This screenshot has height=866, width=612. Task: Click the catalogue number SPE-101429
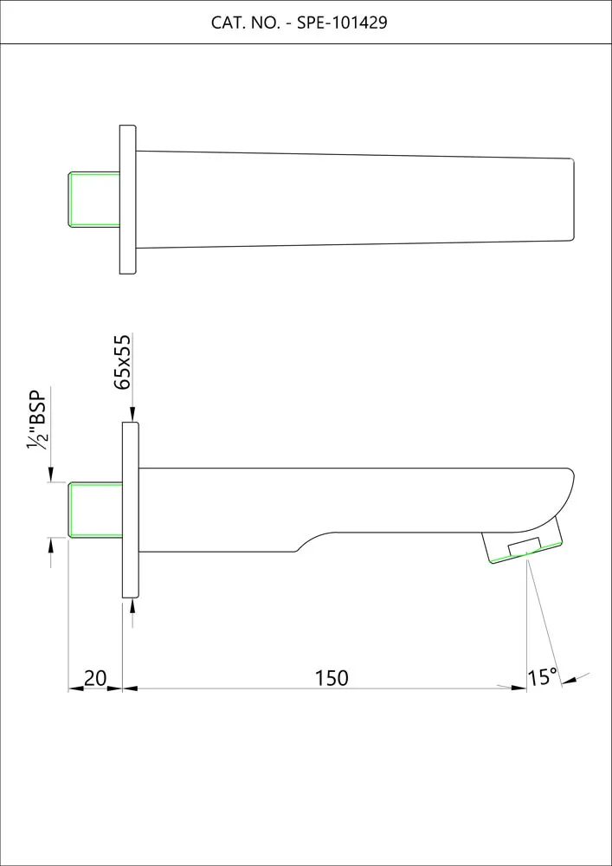tap(342, 23)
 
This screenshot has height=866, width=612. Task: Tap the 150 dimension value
tap(332, 678)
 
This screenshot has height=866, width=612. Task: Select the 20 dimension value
tap(95, 678)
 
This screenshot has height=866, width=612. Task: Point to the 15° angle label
tap(543, 677)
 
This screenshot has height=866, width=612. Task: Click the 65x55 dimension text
tap(123, 362)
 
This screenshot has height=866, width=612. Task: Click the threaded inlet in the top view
tap(93, 199)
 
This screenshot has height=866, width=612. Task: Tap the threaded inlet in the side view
tap(95, 509)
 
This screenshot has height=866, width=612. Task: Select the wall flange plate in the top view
tap(128, 199)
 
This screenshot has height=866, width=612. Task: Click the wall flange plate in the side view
tap(130, 510)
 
